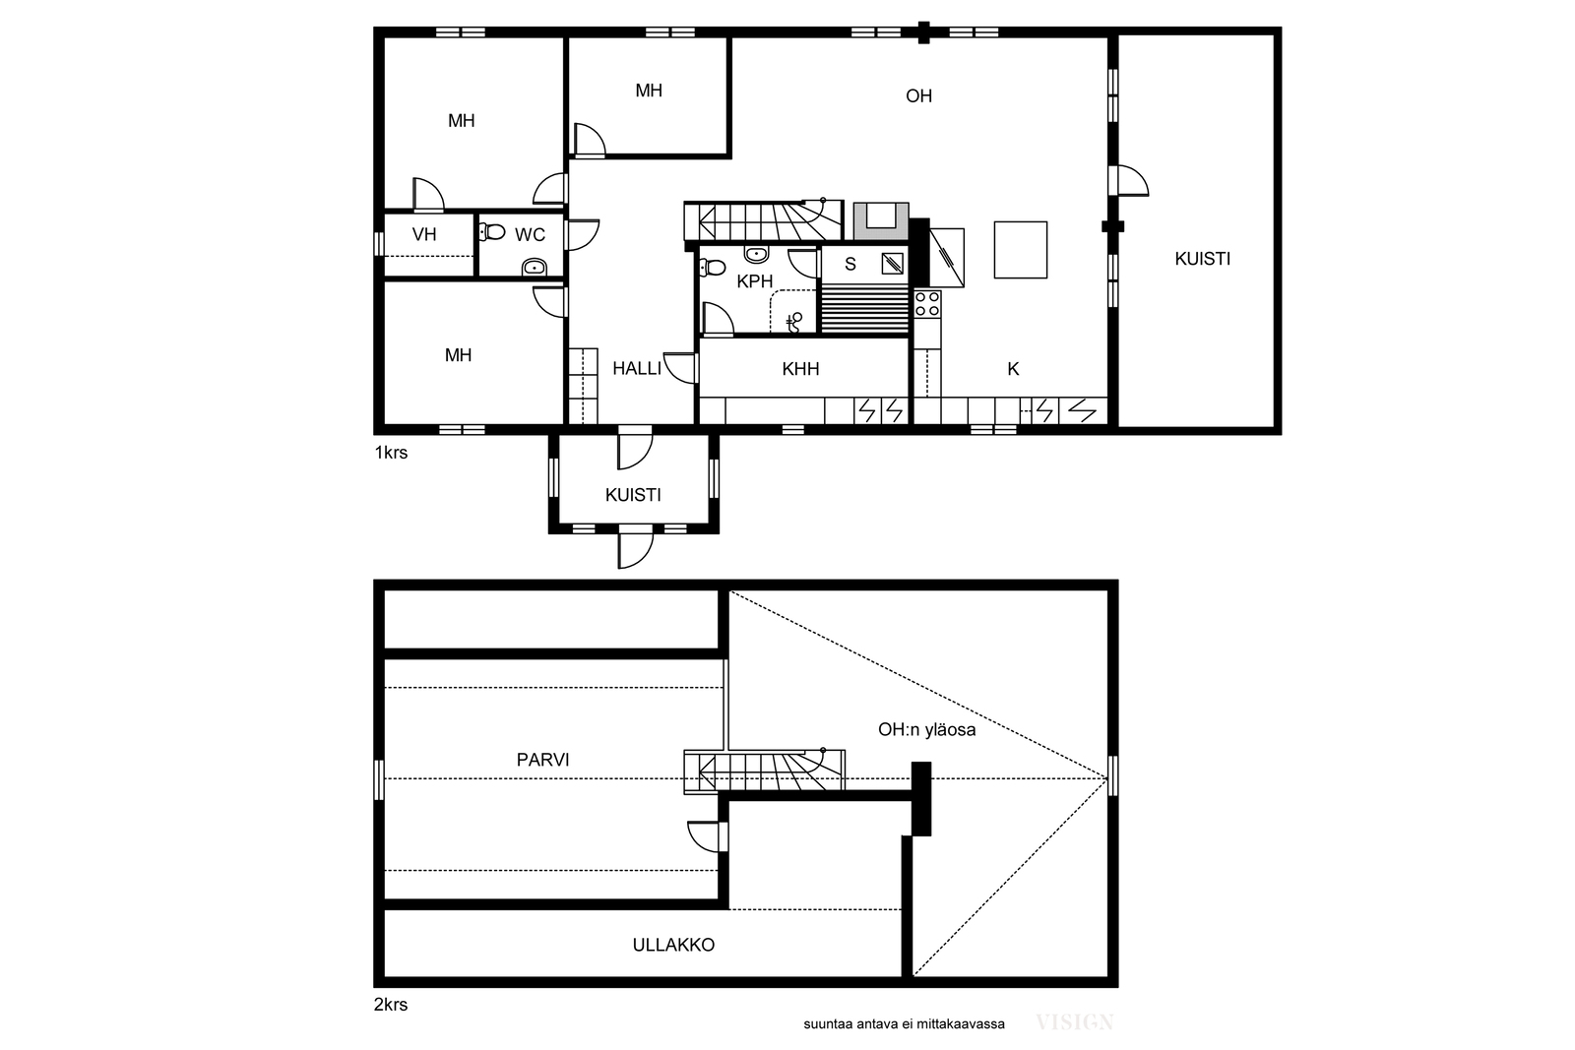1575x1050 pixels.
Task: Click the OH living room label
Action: pos(918,95)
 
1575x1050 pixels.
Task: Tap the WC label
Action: pos(530,235)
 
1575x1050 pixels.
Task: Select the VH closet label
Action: pos(424,234)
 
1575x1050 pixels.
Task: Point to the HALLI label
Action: pos(636,368)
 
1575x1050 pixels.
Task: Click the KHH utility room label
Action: pos(800,369)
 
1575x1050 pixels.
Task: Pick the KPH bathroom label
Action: pos(754,281)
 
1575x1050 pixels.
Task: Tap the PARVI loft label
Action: pos(542,760)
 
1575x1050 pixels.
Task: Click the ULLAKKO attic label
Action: pos(673,946)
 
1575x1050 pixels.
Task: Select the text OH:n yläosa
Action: pos(926,729)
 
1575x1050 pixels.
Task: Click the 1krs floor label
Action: pos(391,453)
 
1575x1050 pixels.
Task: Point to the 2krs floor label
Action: pos(391,1005)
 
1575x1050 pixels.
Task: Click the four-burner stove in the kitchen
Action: pos(927,304)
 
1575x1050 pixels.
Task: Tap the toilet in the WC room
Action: pos(491,231)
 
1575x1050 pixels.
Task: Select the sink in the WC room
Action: pos(535,267)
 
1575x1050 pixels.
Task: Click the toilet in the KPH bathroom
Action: pos(713,267)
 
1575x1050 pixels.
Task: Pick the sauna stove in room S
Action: pos(893,264)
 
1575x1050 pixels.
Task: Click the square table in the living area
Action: pos(1020,250)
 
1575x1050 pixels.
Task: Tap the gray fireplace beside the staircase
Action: pos(881,220)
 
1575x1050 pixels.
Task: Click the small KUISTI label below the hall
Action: pos(633,496)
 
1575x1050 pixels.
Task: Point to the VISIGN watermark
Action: pos(1074,1022)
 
